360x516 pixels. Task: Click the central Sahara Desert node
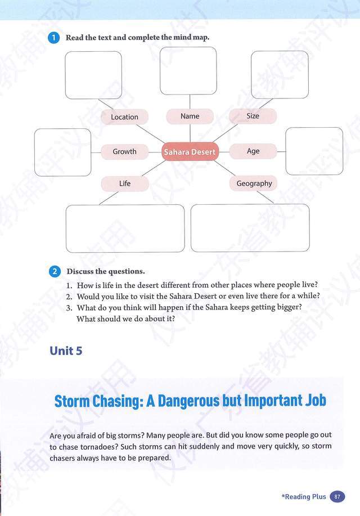[190, 152]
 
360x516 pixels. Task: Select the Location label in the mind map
[124, 117]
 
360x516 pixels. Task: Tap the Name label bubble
[190, 116]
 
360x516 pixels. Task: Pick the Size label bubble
[253, 116]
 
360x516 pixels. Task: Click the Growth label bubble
[124, 151]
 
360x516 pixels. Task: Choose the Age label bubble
[253, 151]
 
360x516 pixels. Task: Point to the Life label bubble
[125, 183]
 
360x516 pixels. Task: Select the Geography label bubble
[254, 183]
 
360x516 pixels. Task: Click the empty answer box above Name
[188, 71]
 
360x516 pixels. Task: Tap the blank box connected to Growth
[62, 152]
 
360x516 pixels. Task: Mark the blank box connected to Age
[314, 151]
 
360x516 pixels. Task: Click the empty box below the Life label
[125, 228]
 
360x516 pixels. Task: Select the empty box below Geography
[250, 227]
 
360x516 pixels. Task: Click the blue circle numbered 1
[54, 38]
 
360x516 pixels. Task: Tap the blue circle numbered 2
[55, 271]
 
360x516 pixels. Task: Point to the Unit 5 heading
[66, 351]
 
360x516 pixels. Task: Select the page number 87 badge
[337, 496]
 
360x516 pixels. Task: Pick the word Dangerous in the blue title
[186, 401]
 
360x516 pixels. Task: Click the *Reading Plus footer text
[304, 496]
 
